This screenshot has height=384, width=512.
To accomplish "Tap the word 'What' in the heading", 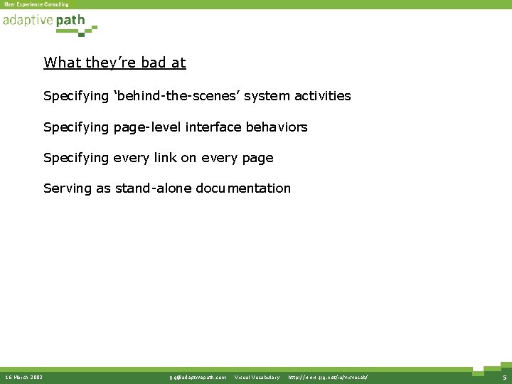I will [63, 63].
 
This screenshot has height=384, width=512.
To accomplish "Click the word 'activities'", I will [321, 95].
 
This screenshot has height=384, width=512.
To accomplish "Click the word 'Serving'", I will [68, 188].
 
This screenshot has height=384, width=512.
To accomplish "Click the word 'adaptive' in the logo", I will [28, 21].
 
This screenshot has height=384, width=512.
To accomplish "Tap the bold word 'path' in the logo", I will [70, 21].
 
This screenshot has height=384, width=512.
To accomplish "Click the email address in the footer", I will [198, 377].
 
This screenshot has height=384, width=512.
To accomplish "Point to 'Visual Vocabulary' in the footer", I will [257, 377].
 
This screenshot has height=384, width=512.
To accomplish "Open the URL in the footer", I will [328, 377].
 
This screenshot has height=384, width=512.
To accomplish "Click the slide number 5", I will [503, 377].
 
